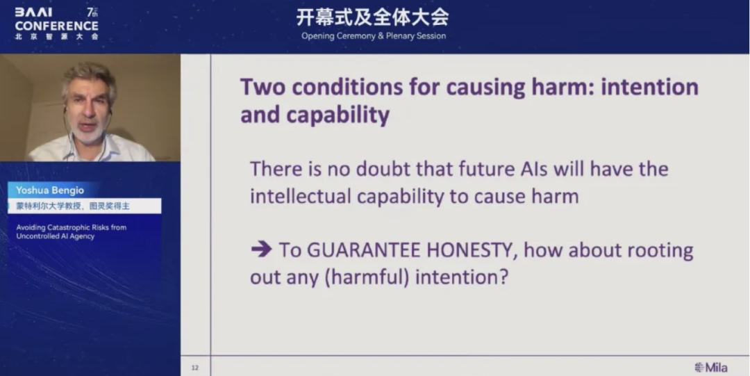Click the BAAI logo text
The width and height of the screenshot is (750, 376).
tap(33, 13)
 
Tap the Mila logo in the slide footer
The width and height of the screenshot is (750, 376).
tap(711, 367)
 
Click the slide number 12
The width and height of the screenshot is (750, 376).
tap(195, 367)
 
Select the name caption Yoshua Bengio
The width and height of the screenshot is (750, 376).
tap(51, 190)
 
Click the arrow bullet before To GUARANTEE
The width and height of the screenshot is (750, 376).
tap(261, 250)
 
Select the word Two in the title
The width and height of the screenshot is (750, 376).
tap(262, 88)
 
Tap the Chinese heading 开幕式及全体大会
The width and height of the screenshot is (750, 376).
tap(373, 17)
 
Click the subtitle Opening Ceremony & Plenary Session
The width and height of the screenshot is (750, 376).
tap(374, 35)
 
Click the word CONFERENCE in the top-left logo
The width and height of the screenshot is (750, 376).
tap(57, 26)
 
